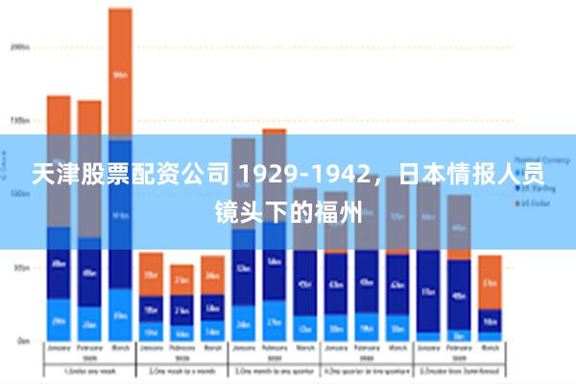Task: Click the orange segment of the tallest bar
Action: click(120, 73)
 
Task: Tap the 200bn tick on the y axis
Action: click(20, 45)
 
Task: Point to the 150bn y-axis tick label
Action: click(20, 121)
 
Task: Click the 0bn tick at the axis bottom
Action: click(22, 340)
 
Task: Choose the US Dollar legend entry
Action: click(537, 204)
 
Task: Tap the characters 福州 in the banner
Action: click(341, 211)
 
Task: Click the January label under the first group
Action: click(59, 348)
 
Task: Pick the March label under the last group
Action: click(490, 348)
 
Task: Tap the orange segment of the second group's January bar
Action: click(151, 274)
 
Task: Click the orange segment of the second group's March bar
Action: click(212, 275)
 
